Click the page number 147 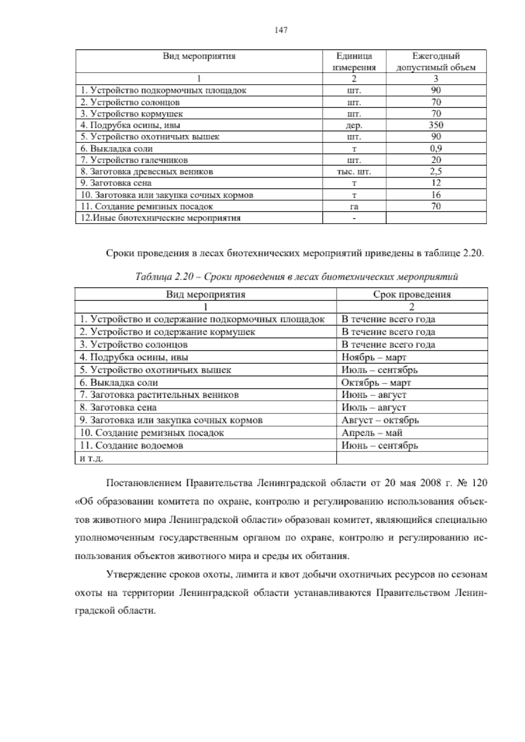click(x=281, y=30)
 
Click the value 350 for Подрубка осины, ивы click(x=436, y=125)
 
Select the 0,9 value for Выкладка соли click(x=436, y=148)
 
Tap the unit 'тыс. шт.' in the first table click(x=354, y=171)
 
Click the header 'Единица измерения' click(x=354, y=62)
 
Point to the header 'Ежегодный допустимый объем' click(x=436, y=62)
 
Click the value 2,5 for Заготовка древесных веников click(x=436, y=171)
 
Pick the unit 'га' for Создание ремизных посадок click(x=354, y=206)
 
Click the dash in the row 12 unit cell click(x=354, y=218)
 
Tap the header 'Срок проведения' click(x=412, y=294)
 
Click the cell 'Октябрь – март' click(x=376, y=382)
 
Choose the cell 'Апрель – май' click(x=372, y=433)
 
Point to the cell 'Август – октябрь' click(x=380, y=420)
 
